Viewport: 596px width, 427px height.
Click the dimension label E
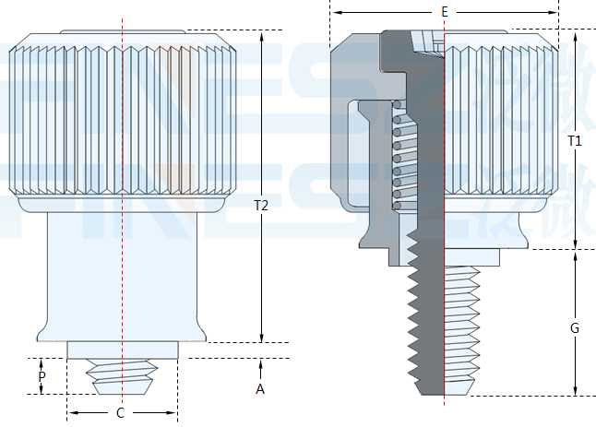click(x=444, y=12)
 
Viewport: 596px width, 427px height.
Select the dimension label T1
click(x=575, y=140)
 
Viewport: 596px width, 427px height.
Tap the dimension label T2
click(x=261, y=207)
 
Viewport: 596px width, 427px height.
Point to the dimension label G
click(x=575, y=327)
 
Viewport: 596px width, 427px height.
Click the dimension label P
click(x=42, y=377)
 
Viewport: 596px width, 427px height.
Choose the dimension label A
click(x=260, y=389)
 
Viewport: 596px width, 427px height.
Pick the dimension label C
click(x=120, y=413)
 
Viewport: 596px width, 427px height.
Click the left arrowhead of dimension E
click(x=336, y=12)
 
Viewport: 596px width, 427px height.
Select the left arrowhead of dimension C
click(x=72, y=412)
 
